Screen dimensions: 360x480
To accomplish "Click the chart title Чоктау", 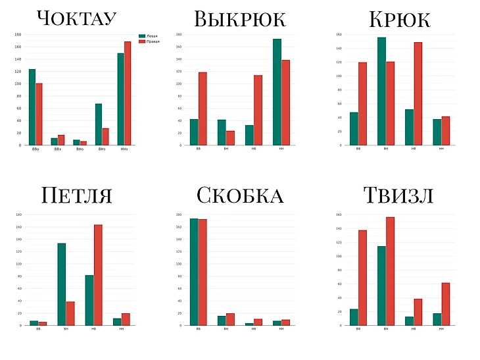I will point(77,18).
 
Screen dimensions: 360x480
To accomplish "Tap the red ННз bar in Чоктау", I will point(128,93).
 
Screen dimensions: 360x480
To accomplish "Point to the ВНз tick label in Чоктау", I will point(102,150).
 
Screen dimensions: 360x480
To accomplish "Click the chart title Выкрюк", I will point(239,18).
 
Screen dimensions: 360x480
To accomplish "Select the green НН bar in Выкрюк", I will point(277,92).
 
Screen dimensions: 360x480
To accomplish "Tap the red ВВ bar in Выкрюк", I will point(202,109).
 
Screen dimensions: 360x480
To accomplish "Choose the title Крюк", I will point(400,19).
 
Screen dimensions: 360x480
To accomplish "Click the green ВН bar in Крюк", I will point(381,91).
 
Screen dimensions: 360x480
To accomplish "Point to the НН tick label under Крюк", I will point(441,149).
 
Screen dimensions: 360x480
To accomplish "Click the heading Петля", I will point(76,195).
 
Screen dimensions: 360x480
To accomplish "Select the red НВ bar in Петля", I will point(98,275).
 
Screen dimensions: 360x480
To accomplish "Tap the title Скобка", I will point(239,195).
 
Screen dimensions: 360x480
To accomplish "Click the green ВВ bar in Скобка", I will point(193,272).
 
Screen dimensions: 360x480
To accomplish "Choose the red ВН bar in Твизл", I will point(390,271).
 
